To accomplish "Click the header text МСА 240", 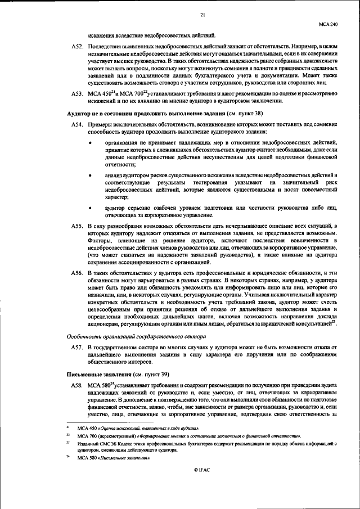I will [x=328, y=25].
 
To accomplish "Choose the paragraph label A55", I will [x=78, y=226].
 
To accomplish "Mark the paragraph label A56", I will [x=78, y=273].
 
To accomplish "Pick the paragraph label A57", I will [x=78, y=349].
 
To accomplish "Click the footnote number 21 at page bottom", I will [x=68, y=428].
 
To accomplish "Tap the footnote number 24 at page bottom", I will [x=68, y=456].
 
